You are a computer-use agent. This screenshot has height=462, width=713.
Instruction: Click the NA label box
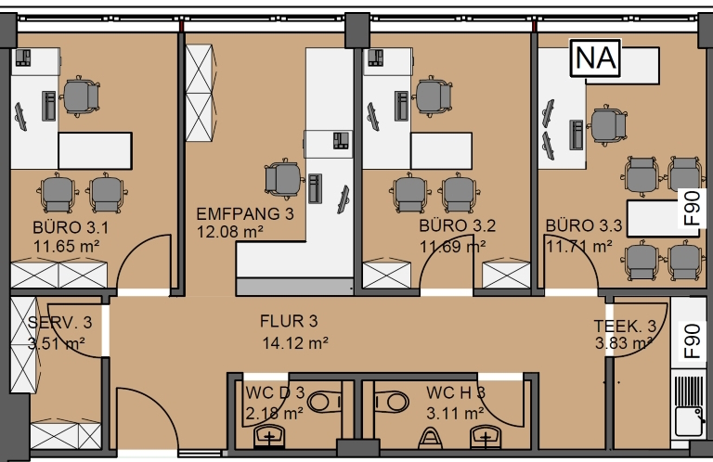click(596, 58)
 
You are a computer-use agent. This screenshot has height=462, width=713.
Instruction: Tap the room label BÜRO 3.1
click(71, 227)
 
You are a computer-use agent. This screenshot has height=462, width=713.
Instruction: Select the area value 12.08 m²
click(229, 232)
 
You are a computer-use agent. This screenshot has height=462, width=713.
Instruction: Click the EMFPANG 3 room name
click(245, 213)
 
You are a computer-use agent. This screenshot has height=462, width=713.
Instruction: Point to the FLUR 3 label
click(289, 321)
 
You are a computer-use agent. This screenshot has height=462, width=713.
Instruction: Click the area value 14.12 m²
click(295, 343)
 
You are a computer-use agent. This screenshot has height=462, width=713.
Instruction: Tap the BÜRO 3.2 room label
click(457, 225)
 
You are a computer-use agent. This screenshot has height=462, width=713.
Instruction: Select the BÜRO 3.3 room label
click(583, 225)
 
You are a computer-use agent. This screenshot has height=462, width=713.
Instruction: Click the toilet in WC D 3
click(324, 402)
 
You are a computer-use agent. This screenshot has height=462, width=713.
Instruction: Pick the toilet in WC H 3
click(392, 402)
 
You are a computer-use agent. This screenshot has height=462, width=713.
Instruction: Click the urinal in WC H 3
click(430, 438)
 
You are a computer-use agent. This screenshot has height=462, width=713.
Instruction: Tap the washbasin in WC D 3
click(269, 437)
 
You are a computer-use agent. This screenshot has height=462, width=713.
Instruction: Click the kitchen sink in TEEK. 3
click(688, 421)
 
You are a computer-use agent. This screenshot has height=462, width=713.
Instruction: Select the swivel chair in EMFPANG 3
click(284, 179)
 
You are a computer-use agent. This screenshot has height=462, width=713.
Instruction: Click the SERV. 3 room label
click(59, 323)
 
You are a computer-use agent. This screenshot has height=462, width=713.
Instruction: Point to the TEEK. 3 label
click(625, 327)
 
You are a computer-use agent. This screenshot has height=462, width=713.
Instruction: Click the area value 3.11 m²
click(455, 414)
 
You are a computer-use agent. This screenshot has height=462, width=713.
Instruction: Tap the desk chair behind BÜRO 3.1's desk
click(81, 96)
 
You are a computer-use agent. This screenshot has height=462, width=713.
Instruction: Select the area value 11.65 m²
click(67, 247)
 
